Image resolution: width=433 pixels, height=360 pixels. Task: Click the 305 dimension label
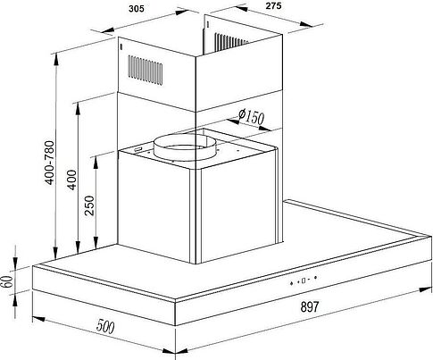coord(137,9)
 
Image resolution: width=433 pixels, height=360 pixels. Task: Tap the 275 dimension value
coord(273,5)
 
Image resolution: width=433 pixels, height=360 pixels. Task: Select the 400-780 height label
coord(50,163)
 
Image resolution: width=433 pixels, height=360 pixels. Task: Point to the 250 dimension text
coord(89,205)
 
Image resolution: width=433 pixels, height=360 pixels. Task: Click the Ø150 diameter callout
coord(251,116)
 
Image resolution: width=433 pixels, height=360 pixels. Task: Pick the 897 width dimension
coord(310,306)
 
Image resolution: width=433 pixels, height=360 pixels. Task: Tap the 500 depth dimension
coord(105,326)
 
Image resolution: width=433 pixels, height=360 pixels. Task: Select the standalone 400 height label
coord(71,180)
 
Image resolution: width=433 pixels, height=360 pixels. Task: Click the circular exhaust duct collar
coord(182,147)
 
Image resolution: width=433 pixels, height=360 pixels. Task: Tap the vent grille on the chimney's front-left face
coord(146,70)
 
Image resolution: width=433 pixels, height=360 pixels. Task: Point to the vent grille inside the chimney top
coord(230,42)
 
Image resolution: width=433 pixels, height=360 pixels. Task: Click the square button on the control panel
coord(304,280)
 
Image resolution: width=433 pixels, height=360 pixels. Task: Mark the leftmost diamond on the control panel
coord(292,283)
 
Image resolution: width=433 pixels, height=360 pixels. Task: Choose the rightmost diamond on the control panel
coord(315,278)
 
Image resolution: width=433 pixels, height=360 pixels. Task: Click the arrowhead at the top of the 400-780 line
coord(56,60)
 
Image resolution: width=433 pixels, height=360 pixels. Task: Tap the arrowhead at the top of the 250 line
coord(96,163)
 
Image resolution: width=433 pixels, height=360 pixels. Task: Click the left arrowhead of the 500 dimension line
coord(38,319)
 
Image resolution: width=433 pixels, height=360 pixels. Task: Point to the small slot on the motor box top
coord(138,149)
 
